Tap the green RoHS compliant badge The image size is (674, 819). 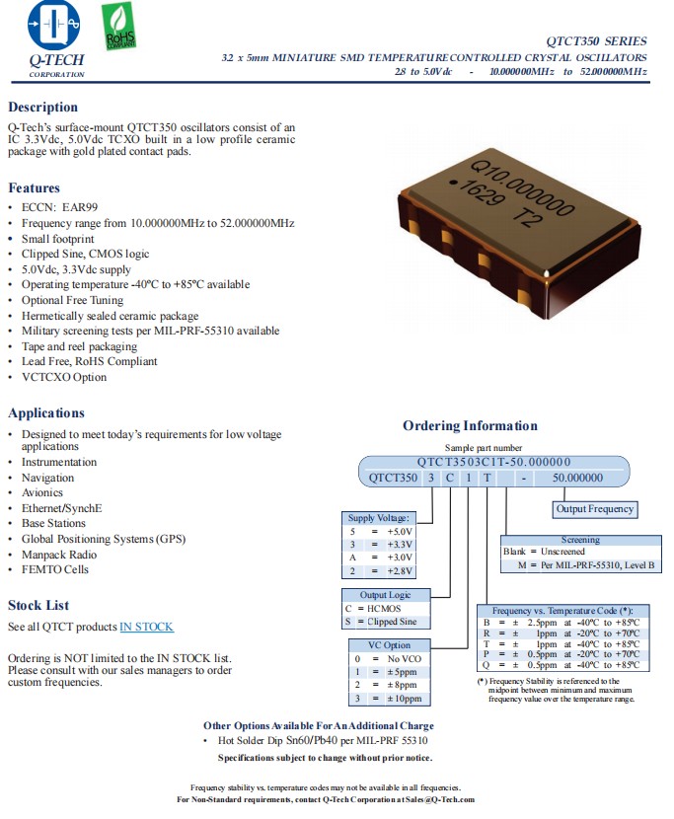click(119, 27)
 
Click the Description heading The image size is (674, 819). click(42, 108)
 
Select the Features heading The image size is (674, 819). click(35, 188)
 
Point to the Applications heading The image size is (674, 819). click(46, 413)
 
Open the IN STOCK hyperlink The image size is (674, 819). click(146, 627)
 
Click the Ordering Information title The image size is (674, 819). click(470, 426)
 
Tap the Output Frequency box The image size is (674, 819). click(595, 509)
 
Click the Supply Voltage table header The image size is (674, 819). click(378, 518)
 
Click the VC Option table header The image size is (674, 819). click(390, 645)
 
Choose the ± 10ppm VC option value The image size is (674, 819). click(404, 699)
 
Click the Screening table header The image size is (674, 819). click(580, 540)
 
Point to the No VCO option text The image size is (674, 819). click(404, 658)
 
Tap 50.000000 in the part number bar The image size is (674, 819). click(577, 478)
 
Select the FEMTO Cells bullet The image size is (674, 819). click(55, 569)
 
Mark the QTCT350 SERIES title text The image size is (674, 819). click(596, 41)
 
